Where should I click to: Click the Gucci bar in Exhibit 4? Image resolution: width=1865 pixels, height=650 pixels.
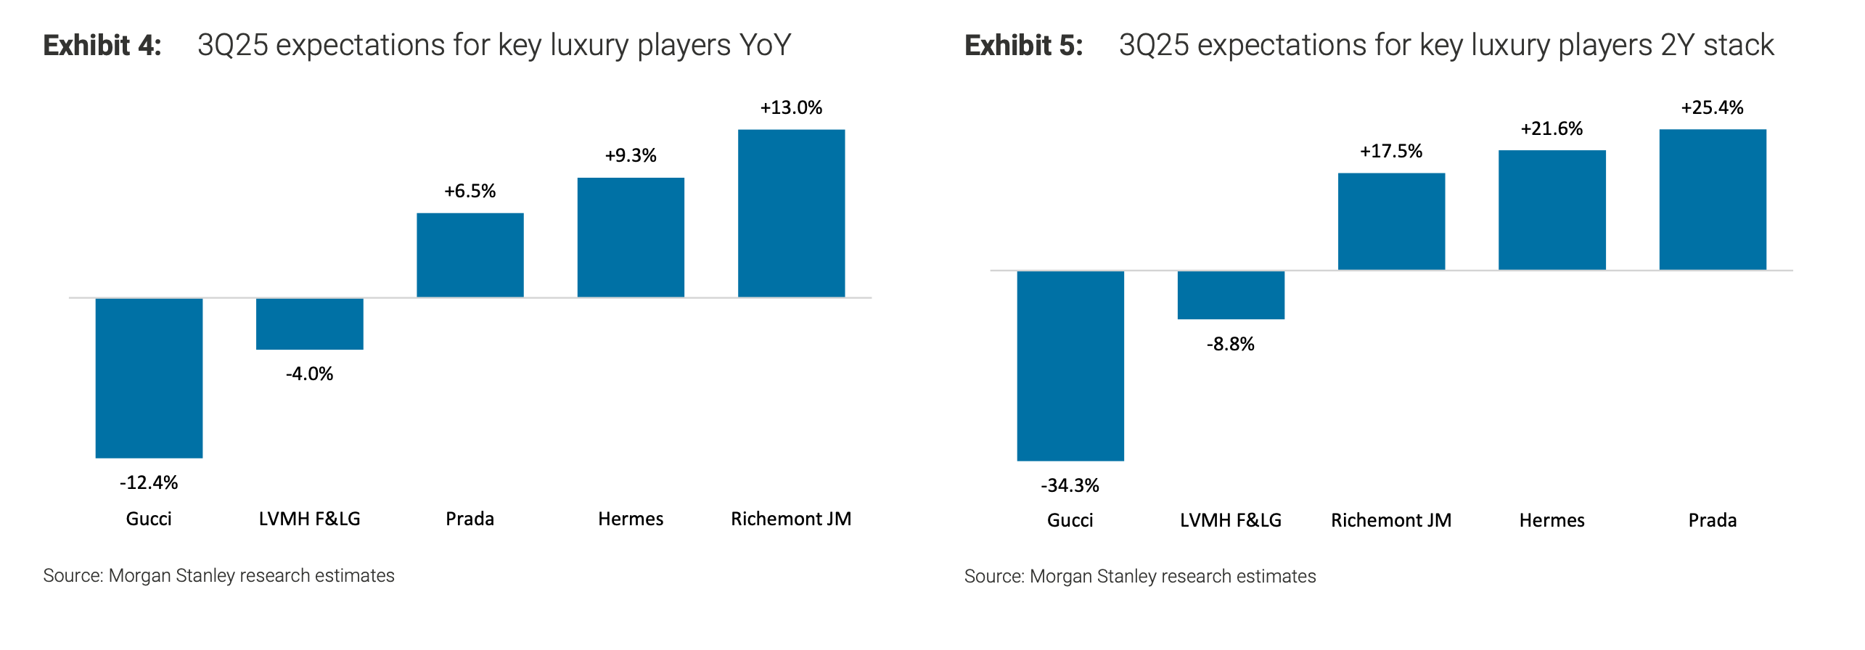149,377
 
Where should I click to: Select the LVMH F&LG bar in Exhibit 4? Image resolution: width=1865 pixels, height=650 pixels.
309,324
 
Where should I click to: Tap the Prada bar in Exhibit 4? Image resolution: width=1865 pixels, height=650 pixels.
470,255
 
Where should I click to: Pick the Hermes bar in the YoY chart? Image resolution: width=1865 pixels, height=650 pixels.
631,237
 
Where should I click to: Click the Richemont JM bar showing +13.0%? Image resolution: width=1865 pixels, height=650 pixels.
791,213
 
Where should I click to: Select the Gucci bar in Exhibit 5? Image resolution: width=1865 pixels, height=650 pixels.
1070,366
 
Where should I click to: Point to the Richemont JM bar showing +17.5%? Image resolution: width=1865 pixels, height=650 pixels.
1391,221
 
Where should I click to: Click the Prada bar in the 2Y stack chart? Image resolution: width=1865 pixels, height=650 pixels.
1713,199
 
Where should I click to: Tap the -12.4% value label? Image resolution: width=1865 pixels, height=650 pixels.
149,482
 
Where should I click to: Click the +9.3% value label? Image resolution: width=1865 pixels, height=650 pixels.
631,155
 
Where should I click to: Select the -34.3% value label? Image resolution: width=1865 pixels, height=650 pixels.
1070,485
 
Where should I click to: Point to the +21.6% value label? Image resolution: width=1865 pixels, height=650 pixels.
1552,128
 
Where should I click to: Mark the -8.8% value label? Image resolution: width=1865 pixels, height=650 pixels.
1231,344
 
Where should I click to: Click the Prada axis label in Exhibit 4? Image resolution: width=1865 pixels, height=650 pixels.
470,519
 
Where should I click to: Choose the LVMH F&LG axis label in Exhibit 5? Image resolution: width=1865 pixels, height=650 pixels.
1231,520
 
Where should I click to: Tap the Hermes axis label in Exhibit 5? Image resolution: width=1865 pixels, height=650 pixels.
1552,520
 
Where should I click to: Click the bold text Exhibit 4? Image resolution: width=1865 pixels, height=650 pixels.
102,45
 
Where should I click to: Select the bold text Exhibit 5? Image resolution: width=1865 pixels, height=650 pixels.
1023,45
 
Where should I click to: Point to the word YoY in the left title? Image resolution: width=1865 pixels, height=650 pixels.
765,45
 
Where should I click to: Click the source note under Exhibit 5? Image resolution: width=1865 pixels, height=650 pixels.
1139,576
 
